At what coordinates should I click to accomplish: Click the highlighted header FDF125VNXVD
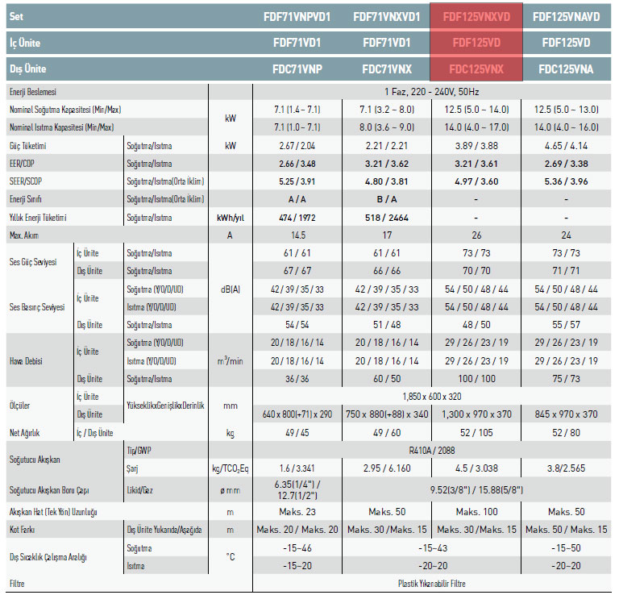point(476,17)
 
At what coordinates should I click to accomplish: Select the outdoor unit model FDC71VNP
point(297,69)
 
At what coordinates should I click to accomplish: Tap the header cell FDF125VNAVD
point(566,17)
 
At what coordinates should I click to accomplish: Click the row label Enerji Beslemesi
point(33,92)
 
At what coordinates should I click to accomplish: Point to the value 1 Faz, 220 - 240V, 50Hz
point(431,92)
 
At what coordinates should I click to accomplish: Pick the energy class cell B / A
point(387,199)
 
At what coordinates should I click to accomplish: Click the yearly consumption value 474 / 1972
point(297,218)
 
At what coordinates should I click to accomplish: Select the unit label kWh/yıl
point(231,218)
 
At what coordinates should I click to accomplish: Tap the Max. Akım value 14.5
point(298,235)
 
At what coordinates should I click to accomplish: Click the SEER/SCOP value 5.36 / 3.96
point(566,181)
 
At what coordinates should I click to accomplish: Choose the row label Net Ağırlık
point(24,433)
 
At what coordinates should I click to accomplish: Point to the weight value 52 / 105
point(476,433)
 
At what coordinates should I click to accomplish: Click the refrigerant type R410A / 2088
point(432,451)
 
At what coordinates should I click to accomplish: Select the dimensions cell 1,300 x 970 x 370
point(476,414)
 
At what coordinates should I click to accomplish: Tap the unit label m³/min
point(231,361)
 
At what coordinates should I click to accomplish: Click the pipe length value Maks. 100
point(476,512)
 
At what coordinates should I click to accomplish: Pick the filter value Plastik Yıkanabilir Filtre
point(432,584)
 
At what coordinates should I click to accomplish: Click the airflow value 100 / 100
point(476,379)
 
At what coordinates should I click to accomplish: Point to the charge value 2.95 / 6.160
point(387,468)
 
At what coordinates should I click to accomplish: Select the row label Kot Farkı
point(22,530)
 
